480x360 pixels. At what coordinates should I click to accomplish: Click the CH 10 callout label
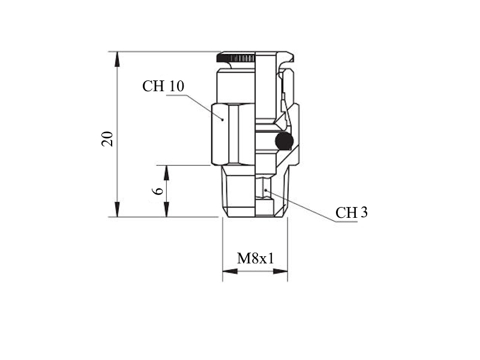(163, 86)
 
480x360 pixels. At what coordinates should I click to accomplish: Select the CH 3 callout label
(352, 212)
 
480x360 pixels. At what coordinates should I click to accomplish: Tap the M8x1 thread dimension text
(256, 258)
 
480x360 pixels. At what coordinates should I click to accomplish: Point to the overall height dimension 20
(107, 139)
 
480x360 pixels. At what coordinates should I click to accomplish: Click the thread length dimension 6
(158, 191)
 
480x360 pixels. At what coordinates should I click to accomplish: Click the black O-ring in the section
(284, 142)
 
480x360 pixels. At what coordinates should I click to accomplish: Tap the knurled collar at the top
(236, 58)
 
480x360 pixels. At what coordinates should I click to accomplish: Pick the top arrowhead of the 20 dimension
(117, 59)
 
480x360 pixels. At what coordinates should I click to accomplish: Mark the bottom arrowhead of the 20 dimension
(117, 209)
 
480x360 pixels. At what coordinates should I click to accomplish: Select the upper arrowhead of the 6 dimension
(166, 173)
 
